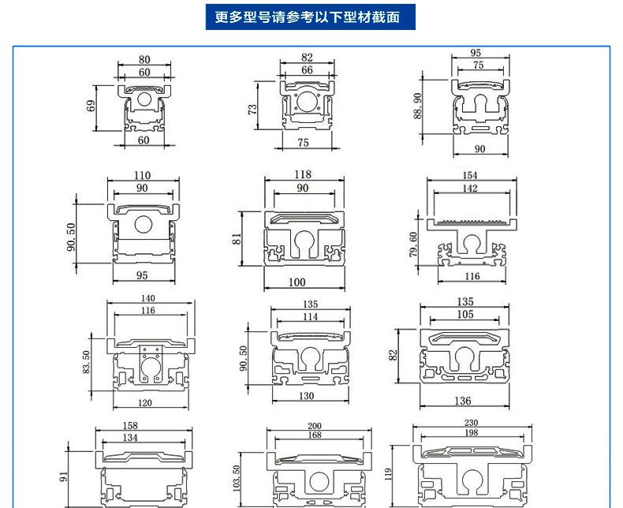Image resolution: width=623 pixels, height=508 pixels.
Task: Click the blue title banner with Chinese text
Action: pos(311,17)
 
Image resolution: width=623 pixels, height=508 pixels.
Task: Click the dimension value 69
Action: pos(91,105)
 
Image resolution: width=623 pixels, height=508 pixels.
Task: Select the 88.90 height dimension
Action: pos(418,105)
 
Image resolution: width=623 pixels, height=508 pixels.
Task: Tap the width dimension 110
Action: pos(142,175)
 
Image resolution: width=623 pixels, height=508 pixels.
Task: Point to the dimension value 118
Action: pos(303,174)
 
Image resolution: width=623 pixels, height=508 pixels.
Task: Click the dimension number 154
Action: pos(470,175)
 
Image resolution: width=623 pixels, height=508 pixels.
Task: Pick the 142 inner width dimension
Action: pos(470,189)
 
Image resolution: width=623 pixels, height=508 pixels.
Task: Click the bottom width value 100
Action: pos(297,282)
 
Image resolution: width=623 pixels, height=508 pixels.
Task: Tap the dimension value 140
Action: pos(147,299)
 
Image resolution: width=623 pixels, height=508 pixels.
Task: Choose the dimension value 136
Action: pos(463,402)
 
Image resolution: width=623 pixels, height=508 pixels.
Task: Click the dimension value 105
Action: pos(465,315)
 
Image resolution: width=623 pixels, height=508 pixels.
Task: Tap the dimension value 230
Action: pos(472,423)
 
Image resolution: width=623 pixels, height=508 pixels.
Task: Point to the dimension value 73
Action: pos(252,109)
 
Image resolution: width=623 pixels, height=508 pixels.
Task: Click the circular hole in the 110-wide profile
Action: pos(143,225)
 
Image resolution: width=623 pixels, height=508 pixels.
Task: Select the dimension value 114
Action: pos(311,316)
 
